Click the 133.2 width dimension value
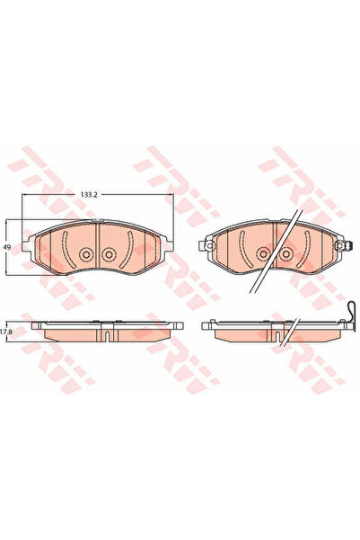click(x=89, y=195)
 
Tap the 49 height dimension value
click(x=6, y=247)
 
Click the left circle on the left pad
click(x=85, y=254)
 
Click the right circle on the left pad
click(x=108, y=254)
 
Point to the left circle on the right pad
click(x=263, y=253)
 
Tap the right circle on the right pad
click(x=285, y=253)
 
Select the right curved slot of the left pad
click(x=128, y=249)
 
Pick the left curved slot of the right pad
click(x=242, y=248)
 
